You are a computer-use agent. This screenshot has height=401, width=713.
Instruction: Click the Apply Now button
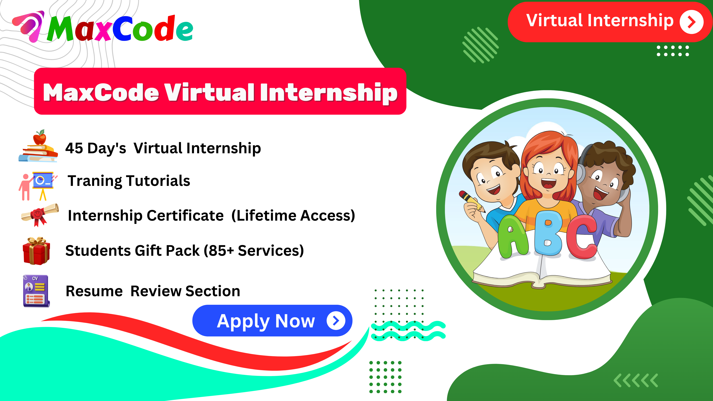(266, 321)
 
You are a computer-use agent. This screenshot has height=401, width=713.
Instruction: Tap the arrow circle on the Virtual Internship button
(691, 22)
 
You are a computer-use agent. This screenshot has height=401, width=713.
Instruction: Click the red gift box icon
(36, 251)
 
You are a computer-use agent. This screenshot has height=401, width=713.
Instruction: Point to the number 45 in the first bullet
(74, 148)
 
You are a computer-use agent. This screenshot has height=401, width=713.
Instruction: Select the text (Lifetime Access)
(293, 216)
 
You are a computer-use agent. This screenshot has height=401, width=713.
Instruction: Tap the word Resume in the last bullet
(94, 291)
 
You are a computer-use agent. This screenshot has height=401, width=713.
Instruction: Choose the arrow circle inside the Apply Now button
(336, 321)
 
